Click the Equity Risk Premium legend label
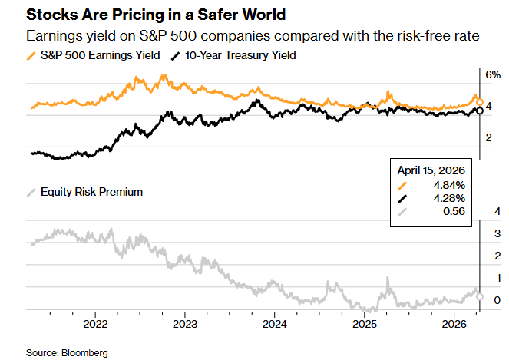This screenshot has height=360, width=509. [92, 192]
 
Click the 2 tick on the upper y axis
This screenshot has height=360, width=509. [489, 137]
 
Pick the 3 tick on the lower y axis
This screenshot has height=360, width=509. [497, 233]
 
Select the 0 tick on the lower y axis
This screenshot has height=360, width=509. [497, 299]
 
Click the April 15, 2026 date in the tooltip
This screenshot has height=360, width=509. [432, 170]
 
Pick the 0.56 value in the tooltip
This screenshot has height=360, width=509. [453, 213]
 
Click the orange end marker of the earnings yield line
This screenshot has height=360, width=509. [480, 101]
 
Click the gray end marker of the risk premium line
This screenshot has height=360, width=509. [480, 296]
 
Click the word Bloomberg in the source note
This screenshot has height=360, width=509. [84, 352]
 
